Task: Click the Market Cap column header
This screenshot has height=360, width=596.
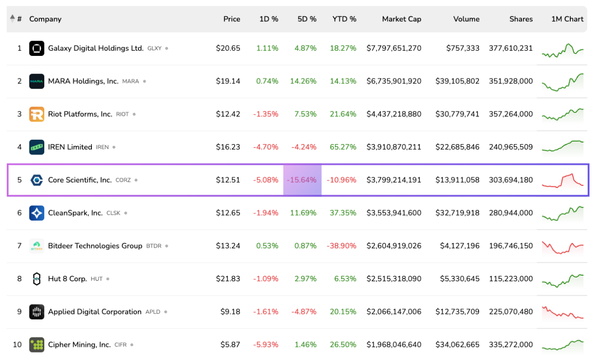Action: [x=401, y=19]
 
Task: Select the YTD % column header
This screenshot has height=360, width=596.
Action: [x=344, y=19]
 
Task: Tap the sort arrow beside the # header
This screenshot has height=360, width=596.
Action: [x=12, y=18]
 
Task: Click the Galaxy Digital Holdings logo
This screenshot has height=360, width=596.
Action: [x=37, y=48]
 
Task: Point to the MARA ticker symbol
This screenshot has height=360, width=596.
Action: [x=130, y=82]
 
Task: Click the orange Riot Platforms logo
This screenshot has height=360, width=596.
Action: [x=37, y=114]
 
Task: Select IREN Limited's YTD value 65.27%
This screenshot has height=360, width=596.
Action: [x=343, y=147]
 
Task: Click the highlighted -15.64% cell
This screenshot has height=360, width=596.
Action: [x=302, y=180]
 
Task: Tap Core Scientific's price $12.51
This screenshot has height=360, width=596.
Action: [x=228, y=180]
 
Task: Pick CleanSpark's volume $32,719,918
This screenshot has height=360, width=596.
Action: [x=457, y=213]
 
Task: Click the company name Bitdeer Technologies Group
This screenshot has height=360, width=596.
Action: [x=95, y=246]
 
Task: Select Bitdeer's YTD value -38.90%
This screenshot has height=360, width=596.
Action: [x=342, y=246]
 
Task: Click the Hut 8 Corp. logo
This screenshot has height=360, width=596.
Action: [x=37, y=278]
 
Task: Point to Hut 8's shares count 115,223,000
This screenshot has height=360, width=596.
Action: [x=511, y=278]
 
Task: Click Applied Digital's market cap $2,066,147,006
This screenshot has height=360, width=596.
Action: [x=394, y=312]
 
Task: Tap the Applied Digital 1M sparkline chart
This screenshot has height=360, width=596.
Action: [x=563, y=312]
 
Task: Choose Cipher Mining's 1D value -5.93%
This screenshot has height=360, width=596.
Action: [x=266, y=345]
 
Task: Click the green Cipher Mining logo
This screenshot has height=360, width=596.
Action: [x=37, y=345]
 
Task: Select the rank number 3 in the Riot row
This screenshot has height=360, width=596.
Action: [x=20, y=114]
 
